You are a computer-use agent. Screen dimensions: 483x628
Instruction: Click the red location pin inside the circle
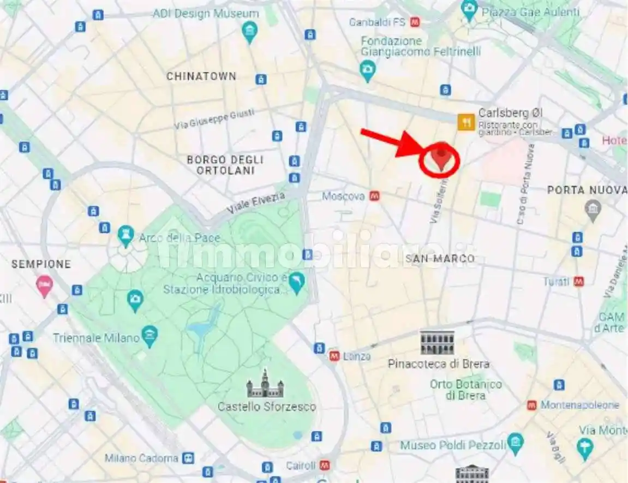(441, 157)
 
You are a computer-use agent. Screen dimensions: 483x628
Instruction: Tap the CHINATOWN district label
(201, 76)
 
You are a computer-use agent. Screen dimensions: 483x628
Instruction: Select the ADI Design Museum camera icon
(249, 32)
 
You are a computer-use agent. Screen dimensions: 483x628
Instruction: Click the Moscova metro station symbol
(374, 196)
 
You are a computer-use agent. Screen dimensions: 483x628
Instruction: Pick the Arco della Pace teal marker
(125, 235)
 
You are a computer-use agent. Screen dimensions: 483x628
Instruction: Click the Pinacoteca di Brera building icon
(437, 343)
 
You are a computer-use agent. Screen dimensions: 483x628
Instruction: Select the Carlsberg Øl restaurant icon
(466, 122)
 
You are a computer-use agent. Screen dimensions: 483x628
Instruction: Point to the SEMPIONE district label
(41, 264)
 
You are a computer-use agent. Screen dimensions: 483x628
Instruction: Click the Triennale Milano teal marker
(149, 336)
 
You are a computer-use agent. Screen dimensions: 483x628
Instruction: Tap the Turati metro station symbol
(579, 282)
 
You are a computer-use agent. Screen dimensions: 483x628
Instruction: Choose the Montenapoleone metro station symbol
(531, 406)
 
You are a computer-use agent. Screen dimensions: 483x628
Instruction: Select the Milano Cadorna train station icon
(188, 458)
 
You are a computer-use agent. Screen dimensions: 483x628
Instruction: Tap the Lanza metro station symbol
(334, 356)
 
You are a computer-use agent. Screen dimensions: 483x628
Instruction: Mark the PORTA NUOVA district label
(587, 190)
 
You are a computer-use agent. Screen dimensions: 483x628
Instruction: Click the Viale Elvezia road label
(256, 203)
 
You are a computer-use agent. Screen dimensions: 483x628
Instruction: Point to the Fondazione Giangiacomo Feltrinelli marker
(367, 70)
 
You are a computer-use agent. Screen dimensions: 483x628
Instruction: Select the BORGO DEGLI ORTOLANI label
(225, 165)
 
